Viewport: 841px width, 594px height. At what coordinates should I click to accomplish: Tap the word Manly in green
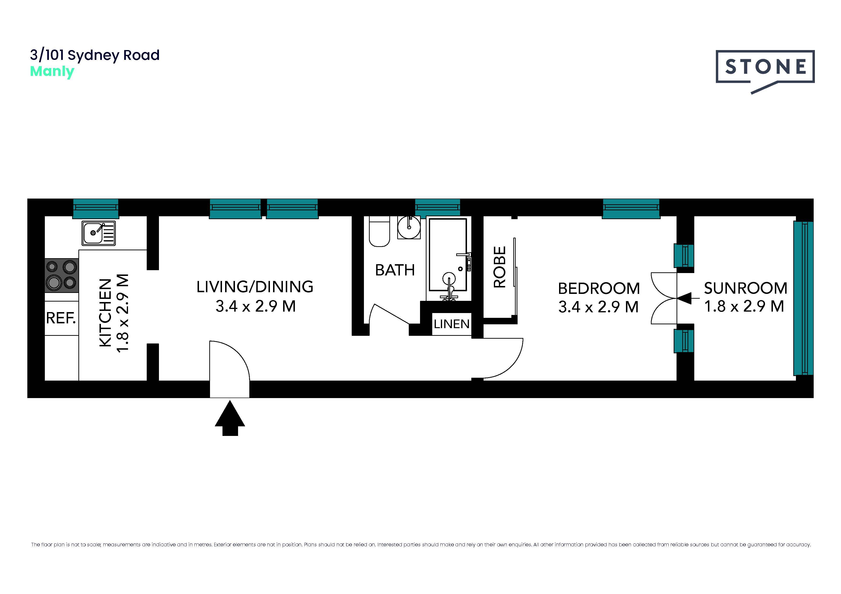coord(52,71)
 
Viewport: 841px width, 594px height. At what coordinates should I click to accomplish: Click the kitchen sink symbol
coord(99,233)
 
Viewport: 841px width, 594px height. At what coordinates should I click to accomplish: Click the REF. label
coord(61,318)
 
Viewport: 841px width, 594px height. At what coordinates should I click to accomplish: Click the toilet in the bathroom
coord(379,231)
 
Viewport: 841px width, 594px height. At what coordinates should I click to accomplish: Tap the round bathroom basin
coord(409,227)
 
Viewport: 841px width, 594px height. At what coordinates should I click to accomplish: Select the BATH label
coord(395,270)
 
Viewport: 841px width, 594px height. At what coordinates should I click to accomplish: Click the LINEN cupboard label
coord(452,324)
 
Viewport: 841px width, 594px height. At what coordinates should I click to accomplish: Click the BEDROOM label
coord(599,288)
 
